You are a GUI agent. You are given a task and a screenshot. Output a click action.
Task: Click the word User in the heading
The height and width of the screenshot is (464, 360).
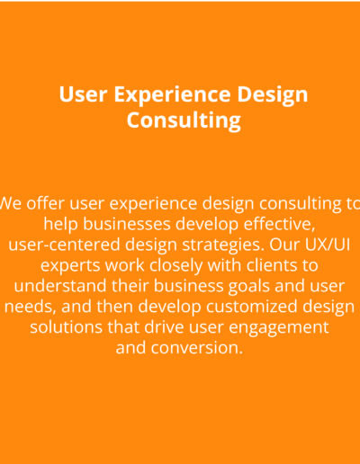[83, 94]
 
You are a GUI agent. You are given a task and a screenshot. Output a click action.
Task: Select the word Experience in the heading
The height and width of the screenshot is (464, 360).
[172, 96]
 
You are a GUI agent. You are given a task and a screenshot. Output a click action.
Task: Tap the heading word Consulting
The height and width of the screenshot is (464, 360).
[184, 120]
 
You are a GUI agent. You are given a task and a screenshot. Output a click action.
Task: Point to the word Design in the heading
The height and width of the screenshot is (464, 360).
[273, 96]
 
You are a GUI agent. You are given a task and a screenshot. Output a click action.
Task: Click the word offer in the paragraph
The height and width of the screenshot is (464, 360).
[45, 203]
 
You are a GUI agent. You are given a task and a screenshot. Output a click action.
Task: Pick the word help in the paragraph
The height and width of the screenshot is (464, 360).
[60, 225]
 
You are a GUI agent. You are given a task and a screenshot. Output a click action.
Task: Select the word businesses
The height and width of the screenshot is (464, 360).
[127, 224]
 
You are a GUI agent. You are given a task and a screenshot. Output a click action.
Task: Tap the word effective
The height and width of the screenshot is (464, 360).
[279, 224]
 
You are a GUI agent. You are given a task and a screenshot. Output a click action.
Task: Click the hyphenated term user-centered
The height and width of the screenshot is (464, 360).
[64, 245]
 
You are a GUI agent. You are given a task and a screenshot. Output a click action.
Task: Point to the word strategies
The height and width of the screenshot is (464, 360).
[224, 245]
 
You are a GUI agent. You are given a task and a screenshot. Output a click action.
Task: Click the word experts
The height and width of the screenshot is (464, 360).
[70, 266]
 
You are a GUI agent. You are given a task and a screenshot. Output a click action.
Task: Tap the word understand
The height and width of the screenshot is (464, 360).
[60, 286]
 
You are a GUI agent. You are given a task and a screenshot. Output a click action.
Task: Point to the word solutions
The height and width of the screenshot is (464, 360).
[66, 326]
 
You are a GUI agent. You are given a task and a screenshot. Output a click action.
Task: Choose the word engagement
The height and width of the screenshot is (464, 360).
[279, 328]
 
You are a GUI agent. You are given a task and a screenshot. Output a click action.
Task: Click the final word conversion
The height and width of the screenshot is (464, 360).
[196, 348]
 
